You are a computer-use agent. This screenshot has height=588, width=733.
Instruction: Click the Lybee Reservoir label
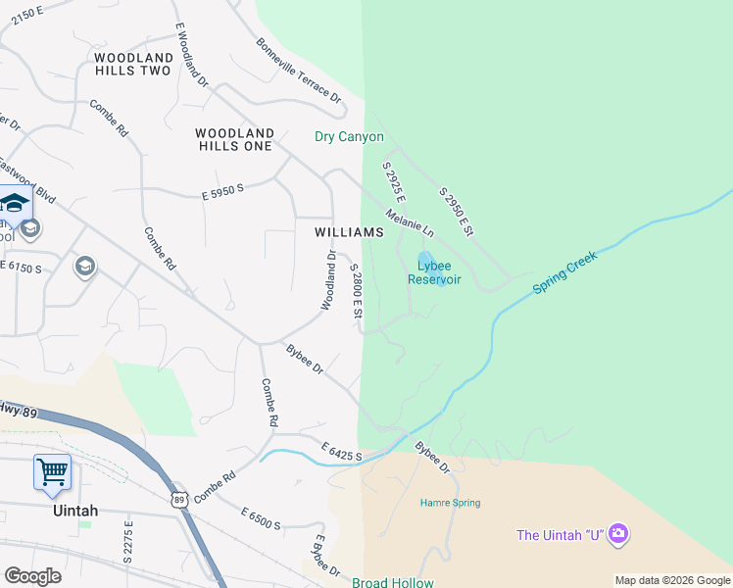[x=434, y=271]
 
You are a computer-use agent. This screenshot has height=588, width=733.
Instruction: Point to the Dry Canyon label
[x=349, y=136]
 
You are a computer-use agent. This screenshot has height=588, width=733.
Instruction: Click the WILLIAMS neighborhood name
[x=349, y=232]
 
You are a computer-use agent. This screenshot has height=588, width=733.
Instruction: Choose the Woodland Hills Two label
[x=133, y=64]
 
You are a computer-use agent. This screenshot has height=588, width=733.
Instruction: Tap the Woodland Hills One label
[x=234, y=139]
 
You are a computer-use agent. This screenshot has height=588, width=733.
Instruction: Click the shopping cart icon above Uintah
[x=52, y=471]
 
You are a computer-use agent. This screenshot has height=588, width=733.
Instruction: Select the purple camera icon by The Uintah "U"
[x=618, y=534]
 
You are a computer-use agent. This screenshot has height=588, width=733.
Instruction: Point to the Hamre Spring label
[x=450, y=503]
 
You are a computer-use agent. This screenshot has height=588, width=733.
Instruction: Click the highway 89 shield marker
[x=178, y=500]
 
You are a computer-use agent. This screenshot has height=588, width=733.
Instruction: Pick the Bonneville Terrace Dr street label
[x=299, y=72]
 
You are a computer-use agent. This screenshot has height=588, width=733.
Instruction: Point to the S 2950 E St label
[x=457, y=211]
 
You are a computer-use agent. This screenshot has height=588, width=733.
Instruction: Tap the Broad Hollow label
[x=392, y=582]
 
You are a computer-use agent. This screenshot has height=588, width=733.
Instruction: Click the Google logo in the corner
[x=32, y=575]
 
